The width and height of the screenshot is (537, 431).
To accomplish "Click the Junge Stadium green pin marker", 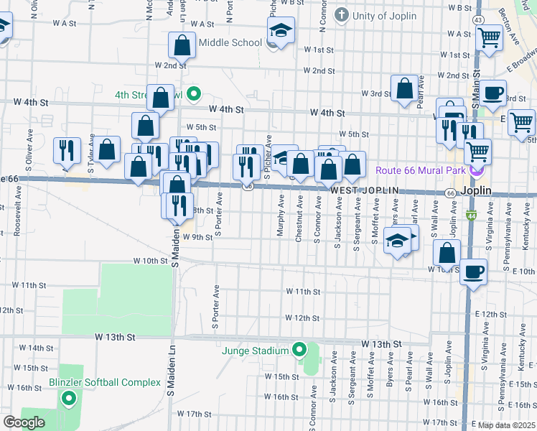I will tap(300, 351).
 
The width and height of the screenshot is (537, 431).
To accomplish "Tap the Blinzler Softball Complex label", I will tap(105, 382).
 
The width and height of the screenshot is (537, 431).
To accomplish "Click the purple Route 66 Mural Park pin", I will tap(475, 171).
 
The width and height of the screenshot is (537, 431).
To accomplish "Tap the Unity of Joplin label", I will tap(386, 14).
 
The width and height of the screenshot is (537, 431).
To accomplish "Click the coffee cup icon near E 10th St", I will tap(473, 272).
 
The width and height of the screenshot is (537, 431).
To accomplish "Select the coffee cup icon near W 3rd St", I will tap(493, 93).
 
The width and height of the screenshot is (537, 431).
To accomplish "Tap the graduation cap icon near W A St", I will tap(281, 30).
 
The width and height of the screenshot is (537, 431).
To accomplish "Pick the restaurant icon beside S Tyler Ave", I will tap(66, 150).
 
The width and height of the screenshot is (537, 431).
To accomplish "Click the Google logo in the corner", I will tap(24, 422).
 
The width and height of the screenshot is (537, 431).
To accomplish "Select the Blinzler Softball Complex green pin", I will tap(69, 398).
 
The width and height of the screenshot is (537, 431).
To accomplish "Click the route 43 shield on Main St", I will tap(477, 20).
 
